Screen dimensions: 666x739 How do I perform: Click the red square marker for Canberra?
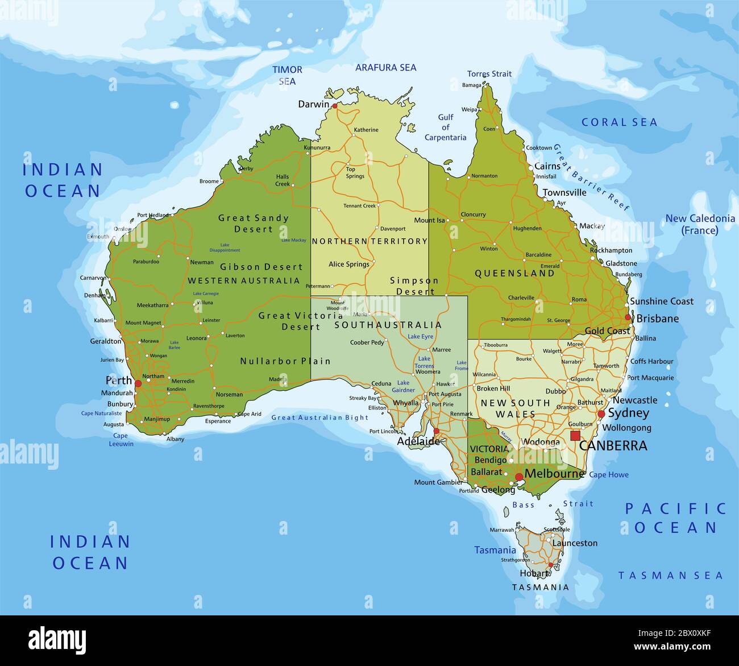pyautogui.click(x=575, y=436)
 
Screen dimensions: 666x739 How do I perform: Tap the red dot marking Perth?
pyautogui.click(x=138, y=384)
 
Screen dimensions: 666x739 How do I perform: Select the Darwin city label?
pyautogui.click(x=313, y=104)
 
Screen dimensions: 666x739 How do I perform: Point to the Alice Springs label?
pyautogui.click(x=349, y=264)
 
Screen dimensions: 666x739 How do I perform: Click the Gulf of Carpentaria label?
pyautogui.click(x=445, y=127)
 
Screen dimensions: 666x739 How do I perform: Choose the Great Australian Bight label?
pyautogui.click(x=320, y=417)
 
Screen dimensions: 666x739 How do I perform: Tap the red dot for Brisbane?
pyautogui.click(x=628, y=317)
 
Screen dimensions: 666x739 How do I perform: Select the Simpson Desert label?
pyautogui.click(x=414, y=286)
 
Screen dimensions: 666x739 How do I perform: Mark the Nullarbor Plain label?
pyautogui.click(x=285, y=361)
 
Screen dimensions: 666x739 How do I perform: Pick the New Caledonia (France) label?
pyautogui.click(x=700, y=224)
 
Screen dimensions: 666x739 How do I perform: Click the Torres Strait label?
pyautogui.click(x=489, y=74)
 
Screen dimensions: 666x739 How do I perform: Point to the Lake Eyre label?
pyautogui.click(x=420, y=337)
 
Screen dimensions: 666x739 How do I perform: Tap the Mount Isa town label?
pyautogui.click(x=429, y=220)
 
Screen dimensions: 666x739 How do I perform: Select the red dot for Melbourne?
pyautogui.click(x=519, y=477)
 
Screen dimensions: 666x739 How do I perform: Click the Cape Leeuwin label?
pyautogui.click(x=121, y=440)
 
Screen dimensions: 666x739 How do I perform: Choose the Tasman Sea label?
pyautogui.click(x=670, y=576)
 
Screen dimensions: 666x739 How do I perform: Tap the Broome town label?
pyautogui.click(x=209, y=181)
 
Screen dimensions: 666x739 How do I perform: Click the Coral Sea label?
pyautogui.click(x=619, y=122)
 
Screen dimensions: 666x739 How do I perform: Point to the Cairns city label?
pyautogui.click(x=547, y=166)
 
